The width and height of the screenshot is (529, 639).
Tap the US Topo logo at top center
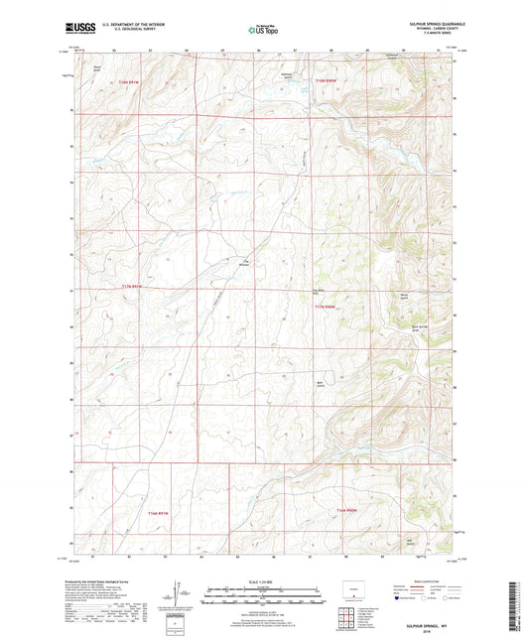[263, 30]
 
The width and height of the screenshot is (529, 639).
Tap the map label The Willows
[247, 262]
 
